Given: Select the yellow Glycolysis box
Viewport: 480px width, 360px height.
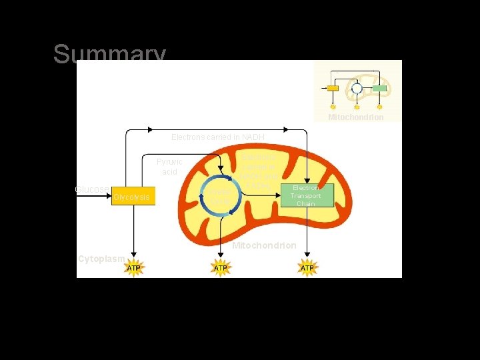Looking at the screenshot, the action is point(133,196).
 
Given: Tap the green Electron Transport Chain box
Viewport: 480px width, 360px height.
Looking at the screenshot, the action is point(305,195).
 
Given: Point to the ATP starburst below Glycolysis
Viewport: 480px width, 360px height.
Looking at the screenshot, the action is point(134,268).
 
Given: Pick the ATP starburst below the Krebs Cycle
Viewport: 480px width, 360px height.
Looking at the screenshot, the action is point(220,268).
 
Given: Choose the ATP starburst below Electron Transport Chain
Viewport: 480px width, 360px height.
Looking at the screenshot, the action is point(307,268).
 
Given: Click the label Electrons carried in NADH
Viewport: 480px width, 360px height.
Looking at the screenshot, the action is point(218,137).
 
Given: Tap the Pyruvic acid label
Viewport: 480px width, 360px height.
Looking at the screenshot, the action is point(169,167).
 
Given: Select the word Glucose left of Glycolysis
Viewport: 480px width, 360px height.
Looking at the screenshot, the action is point(92,189).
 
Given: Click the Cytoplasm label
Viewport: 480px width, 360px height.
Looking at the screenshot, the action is point(101,258).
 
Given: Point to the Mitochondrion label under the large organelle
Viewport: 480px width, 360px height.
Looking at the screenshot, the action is point(264,246).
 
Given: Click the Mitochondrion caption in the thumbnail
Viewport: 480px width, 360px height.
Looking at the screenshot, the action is point(355,117).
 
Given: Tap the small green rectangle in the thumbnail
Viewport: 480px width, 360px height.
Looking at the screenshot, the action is point(379,88).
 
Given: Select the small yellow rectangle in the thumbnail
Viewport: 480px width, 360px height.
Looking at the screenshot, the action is point(333,88).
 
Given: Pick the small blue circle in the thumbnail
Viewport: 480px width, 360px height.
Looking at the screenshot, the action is point(357,88).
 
